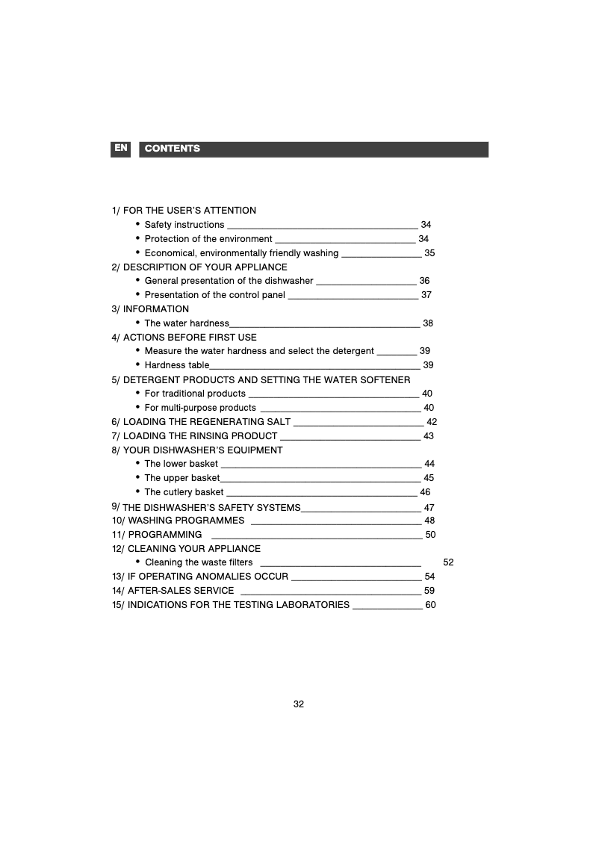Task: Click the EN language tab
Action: point(121,149)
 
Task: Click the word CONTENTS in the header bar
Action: point(173,149)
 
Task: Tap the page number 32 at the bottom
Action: point(299,704)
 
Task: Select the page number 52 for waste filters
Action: point(448,562)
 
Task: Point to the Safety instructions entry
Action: point(184,225)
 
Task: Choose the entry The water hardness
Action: point(187,323)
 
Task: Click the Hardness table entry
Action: point(177,365)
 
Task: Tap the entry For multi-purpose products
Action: point(200,408)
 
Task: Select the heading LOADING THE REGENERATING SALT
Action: point(206,422)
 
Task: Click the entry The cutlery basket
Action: point(184,492)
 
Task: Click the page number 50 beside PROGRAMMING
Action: point(430,535)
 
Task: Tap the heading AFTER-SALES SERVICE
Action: point(180,591)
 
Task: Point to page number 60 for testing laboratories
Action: point(430,605)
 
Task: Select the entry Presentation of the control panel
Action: point(215,295)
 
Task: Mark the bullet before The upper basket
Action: point(138,477)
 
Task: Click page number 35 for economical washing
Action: point(429,253)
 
